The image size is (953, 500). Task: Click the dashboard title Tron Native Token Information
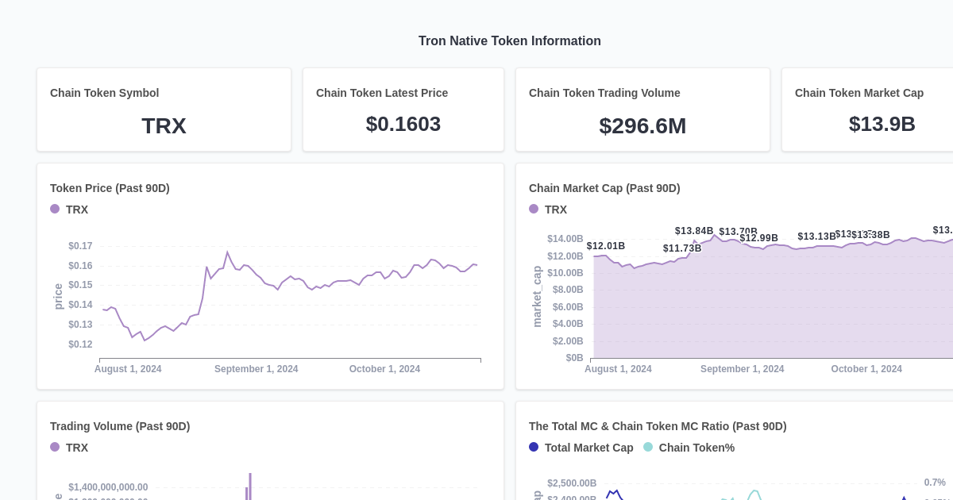tap(509, 41)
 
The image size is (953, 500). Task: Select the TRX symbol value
tap(164, 126)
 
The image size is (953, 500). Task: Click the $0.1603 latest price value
tap(403, 125)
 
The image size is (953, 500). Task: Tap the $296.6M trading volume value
tap(642, 126)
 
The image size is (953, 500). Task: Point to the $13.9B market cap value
tap(882, 125)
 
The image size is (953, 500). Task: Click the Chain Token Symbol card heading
tap(104, 93)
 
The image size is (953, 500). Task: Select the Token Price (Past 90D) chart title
tap(110, 188)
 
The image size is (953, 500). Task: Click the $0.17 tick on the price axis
tap(80, 246)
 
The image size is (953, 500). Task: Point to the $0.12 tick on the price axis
tap(80, 344)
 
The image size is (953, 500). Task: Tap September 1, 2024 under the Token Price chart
tap(256, 369)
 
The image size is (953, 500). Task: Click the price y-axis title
tap(58, 296)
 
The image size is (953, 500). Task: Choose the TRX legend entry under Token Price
tap(76, 210)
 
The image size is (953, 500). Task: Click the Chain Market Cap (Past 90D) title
tap(604, 188)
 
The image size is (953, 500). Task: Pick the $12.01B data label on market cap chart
tap(606, 246)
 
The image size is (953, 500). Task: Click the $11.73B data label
tap(682, 248)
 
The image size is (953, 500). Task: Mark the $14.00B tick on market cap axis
tap(565, 239)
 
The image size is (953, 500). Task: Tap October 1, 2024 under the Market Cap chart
tap(866, 369)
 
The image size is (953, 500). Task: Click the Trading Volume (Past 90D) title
tap(120, 426)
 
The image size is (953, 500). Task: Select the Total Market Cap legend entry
tap(588, 448)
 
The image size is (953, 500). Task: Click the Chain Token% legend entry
tap(696, 448)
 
